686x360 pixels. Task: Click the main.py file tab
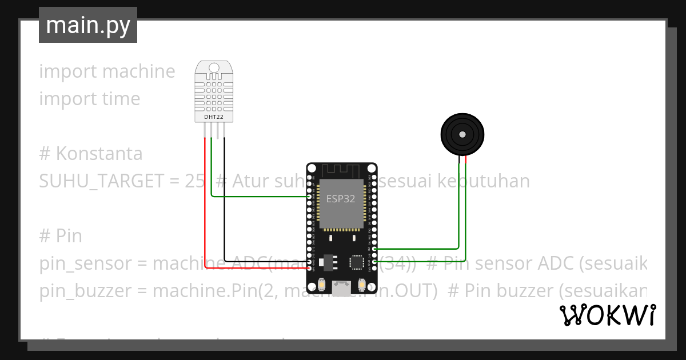(x=87, y=25)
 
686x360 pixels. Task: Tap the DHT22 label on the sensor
(x=214, y=117)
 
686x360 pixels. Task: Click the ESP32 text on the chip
(x=341, y=199)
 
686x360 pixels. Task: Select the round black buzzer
(x=462, y=134)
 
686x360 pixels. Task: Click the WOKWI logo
(x=607, y=315)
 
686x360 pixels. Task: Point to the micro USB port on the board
(x=342, y=289)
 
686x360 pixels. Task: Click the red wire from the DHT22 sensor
(x=205, y=200)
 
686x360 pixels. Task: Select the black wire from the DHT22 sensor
(x=224, y=200)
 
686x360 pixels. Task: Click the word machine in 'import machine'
(x=139, y=71)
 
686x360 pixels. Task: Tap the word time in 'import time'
(x=121, y=99)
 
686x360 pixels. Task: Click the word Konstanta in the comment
(x=99, y=154)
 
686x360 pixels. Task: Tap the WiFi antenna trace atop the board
(x=342, y=170)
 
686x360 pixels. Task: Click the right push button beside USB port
(x=361, y=285)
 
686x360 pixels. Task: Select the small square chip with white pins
(x=357, y=262)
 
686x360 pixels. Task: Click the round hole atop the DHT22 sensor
(x=214, y=67)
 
